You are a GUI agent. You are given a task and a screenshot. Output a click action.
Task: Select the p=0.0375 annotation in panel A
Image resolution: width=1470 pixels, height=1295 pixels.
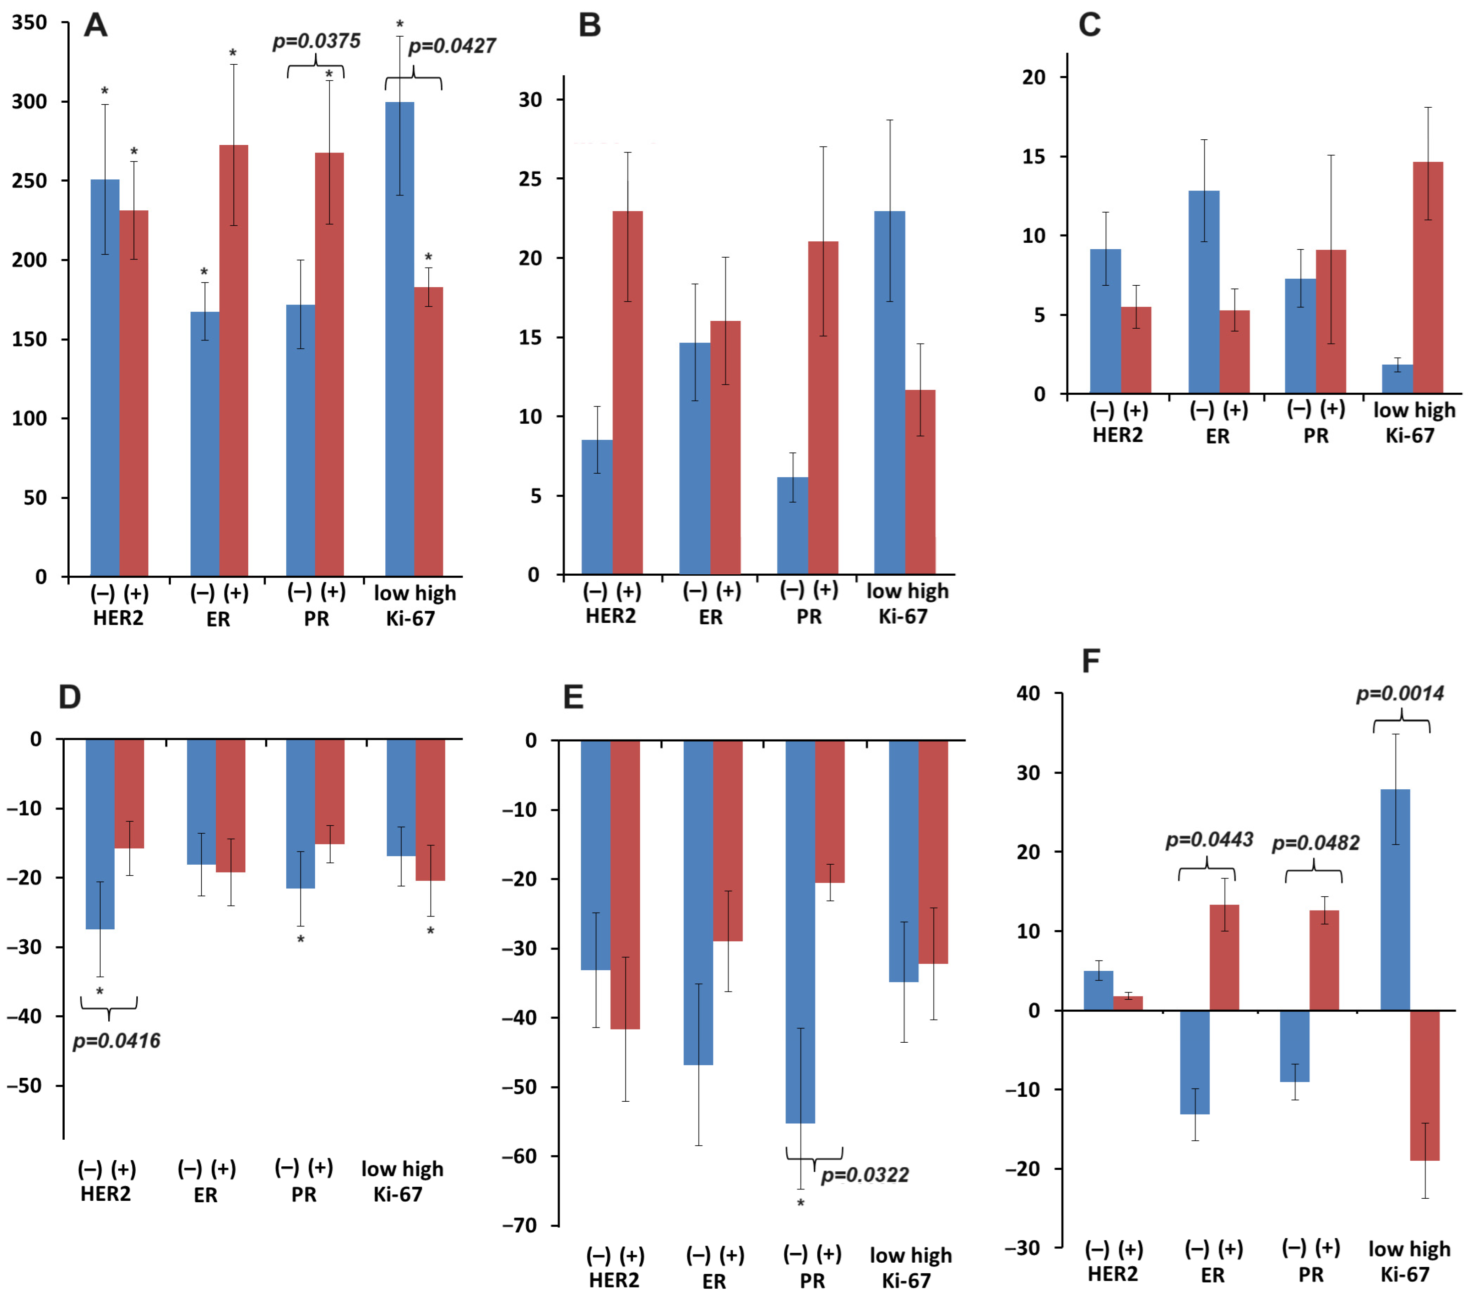pos(316,41)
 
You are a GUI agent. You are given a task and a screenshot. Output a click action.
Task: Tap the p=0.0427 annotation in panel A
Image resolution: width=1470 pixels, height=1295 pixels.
pos(452,46)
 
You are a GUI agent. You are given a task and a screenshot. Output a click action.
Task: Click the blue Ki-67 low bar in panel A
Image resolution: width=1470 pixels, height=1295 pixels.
pos(400,338)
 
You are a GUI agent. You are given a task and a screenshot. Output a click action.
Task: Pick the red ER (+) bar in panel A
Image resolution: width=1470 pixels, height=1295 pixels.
pos(234,360)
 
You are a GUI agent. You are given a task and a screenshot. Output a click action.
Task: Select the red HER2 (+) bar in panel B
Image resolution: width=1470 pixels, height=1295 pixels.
pos(627,392)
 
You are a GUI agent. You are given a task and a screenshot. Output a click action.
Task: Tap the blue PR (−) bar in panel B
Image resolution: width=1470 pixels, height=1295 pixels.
pos(792,525)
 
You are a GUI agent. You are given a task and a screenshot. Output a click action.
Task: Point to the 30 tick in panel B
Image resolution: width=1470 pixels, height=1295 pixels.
pos(531,100)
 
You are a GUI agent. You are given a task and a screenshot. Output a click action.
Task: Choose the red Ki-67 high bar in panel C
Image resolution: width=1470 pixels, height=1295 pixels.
pos(1428,277)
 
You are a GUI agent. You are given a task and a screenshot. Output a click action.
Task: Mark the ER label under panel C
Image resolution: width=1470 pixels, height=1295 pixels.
pos(1217,436)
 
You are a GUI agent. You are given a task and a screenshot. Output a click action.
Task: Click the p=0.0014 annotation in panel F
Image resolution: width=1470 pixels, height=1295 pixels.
pos(1400,694)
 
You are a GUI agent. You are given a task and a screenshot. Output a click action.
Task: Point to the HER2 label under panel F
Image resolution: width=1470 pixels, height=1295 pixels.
pos(1113,1274)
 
